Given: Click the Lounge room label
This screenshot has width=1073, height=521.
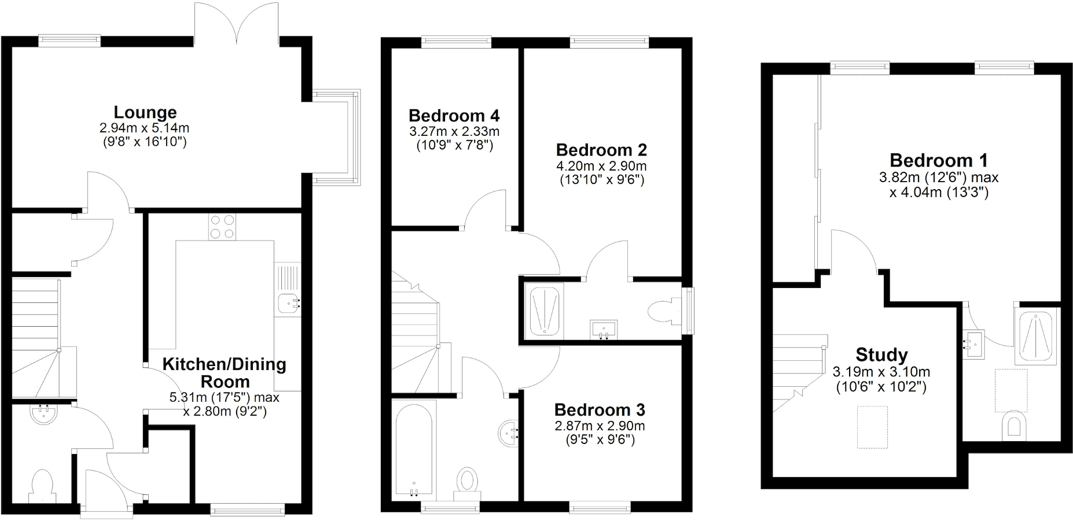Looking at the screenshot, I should point(145,112).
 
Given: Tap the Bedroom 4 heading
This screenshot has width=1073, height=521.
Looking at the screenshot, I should point(454,116).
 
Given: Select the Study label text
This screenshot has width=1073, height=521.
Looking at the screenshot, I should point(881,354).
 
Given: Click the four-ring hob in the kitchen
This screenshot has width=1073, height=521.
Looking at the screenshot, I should point(223,227).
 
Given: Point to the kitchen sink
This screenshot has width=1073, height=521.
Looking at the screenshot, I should point(287,302).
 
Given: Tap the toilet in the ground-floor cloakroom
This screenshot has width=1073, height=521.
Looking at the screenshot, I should point(42,485).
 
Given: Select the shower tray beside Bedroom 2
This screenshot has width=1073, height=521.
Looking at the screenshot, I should point(544,310).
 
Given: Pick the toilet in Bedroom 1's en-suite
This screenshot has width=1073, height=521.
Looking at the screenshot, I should point(1013,425).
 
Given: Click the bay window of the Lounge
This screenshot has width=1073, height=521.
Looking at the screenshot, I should point(336,137).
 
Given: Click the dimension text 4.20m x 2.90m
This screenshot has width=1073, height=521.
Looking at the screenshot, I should point(601,167).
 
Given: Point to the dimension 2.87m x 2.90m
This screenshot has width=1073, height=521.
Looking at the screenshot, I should point(600,426).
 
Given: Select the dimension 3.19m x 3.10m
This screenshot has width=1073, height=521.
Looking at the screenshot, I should point(881,372).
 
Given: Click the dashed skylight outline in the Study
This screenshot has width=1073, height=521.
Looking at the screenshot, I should point(872,427).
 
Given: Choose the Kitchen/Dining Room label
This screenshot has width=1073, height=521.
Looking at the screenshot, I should point(225,372).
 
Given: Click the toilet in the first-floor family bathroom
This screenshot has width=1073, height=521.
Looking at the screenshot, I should point(467,481).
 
